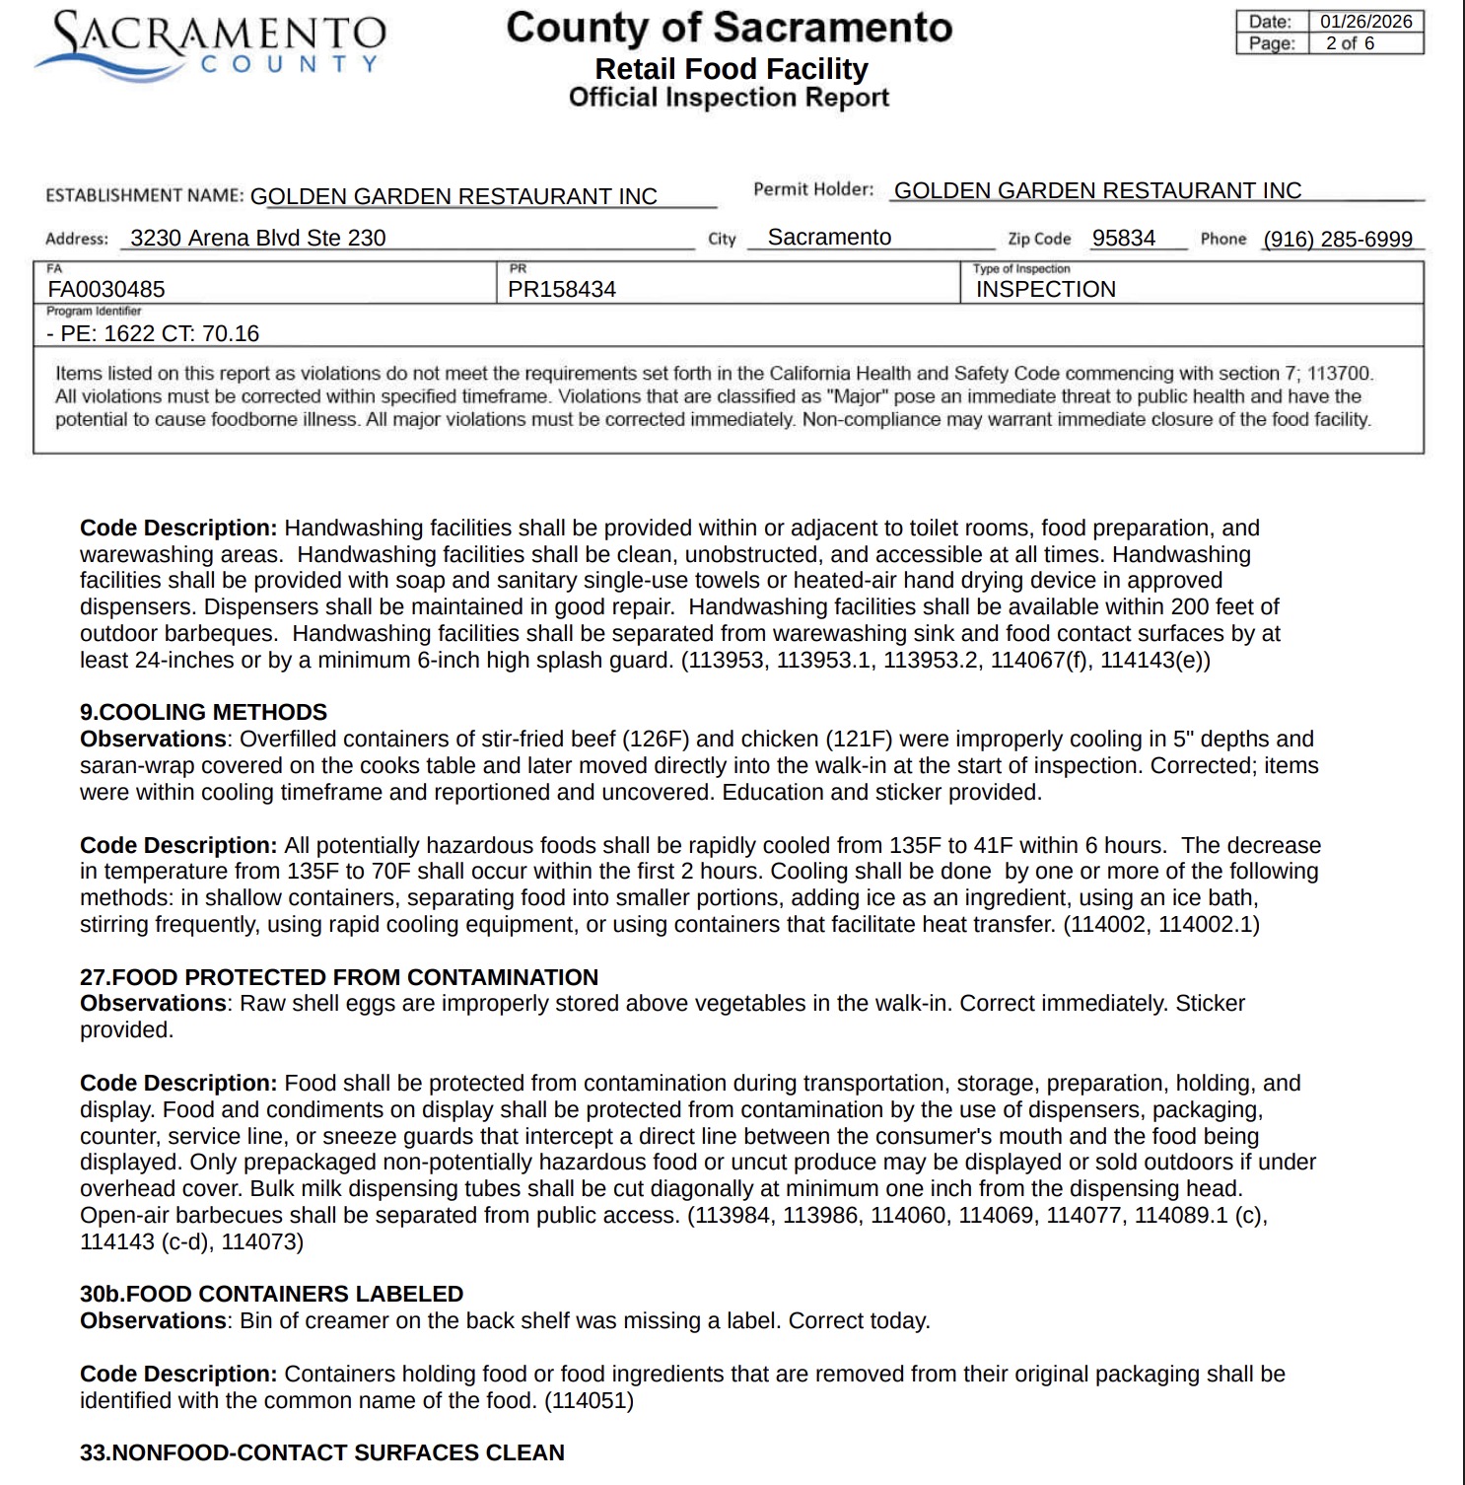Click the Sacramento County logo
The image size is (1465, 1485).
coord(210,45)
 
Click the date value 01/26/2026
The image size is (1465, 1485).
coord(1365,22)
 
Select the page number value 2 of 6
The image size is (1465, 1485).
coord(1350,43)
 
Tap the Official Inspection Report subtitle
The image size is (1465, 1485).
coord(729,98)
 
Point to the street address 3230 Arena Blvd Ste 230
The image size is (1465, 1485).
coord(257,238)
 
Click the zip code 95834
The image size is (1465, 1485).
coord(1123,238)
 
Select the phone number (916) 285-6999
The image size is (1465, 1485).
coord(1338,239)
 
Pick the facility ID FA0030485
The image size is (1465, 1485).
coord(106,289)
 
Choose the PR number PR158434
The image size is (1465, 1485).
coord(562,289)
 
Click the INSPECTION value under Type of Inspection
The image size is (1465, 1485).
coord(1046,289)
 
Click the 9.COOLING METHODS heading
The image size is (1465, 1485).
coord(203,712)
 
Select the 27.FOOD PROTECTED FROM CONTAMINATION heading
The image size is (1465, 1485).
coord(339,977)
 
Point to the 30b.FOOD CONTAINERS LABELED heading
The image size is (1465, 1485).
coord(271,1294)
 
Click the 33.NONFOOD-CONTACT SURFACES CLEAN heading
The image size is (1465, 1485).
coord(322,1452)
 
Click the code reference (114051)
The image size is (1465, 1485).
coord(589,1400)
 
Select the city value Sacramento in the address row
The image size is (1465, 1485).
coord(829,237)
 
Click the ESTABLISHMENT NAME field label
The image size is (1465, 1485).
coord(145,195)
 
